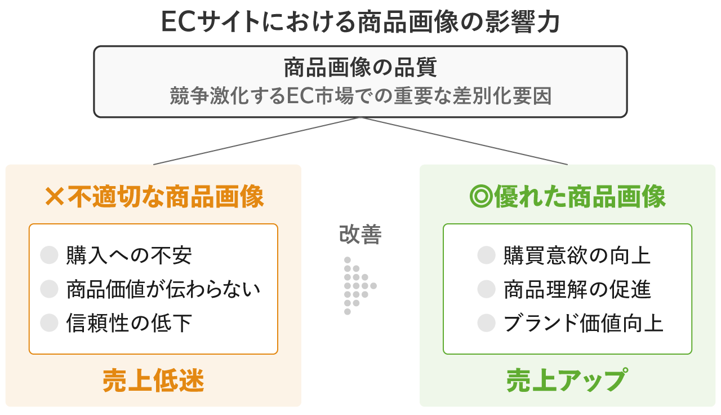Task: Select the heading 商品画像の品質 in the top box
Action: (x=360, y=69)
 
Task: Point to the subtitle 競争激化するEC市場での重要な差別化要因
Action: (x=360, y=96)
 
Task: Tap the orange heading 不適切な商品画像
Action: (x=166, y=197)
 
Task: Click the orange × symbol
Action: (x=55, y=197)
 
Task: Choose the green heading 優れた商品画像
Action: (x=580, y=197)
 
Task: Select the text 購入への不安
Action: (x=129, y=255)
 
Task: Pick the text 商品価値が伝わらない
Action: (x=163, y=289)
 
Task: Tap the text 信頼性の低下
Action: (x=129, y=323)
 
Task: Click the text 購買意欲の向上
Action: (x=577, y=255)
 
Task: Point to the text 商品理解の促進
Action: (x=577, y=289)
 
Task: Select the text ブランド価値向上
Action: (x=584, y=323)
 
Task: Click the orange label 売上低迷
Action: (x=153, y=381)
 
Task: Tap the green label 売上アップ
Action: (x=567, y=381)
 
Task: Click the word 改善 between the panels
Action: (x=360, y=235)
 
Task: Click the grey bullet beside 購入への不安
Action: (x=50, y=255)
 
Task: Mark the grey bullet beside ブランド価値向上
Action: (x=486, y=323)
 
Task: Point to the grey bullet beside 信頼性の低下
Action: (x=50, y=323)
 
